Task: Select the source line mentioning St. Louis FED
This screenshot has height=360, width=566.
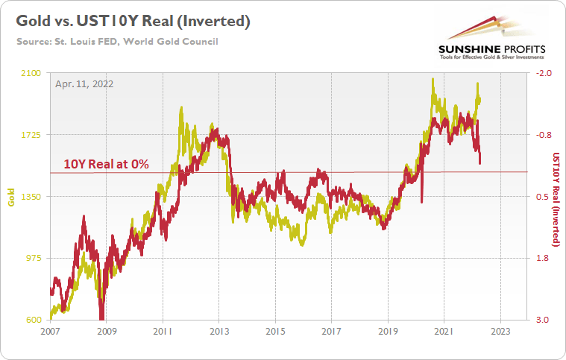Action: (117, 41)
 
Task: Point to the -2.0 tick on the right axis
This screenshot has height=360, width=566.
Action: (541, 73)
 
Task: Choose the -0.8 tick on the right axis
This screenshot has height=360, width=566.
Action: (541, 135)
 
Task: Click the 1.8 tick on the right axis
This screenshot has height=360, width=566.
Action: (541, 259)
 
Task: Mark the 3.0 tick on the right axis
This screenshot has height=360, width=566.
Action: (541, 320)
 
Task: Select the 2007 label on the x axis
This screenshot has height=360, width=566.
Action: (50, 332)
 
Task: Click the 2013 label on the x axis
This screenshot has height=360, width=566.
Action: (218, 332)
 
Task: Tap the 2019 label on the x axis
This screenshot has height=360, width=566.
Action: (388, 332)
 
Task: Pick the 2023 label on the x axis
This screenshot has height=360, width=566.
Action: (500, 332)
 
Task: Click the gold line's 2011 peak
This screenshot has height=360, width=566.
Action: (181, 109)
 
